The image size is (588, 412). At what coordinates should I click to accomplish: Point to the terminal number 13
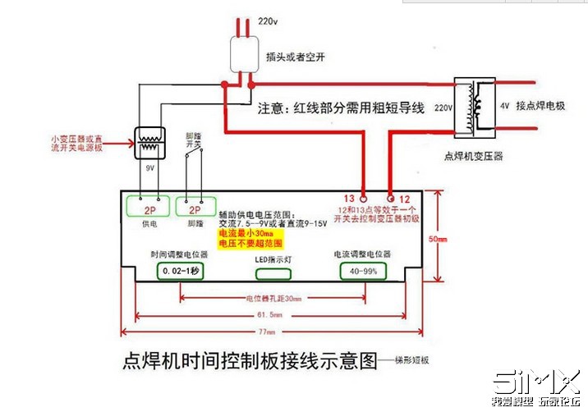tap(349, 199)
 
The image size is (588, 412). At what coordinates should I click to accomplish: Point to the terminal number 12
tap(405, 199)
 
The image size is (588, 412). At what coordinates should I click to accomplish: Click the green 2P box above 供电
tap(149, 208)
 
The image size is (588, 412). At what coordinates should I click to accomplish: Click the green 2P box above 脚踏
tap(195, 208)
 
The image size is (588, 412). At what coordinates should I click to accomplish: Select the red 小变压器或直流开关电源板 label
tap(76, 144)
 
